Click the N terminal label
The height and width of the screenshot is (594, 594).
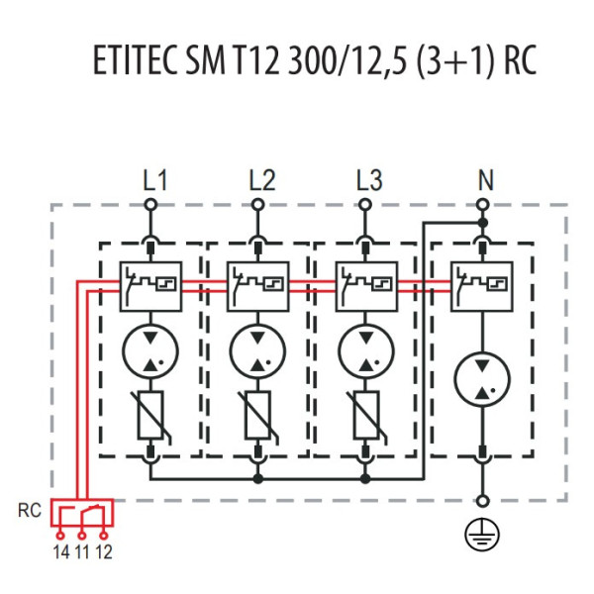point(483,181)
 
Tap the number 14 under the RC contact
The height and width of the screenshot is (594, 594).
point(61,552)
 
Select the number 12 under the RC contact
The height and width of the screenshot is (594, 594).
point(103,552)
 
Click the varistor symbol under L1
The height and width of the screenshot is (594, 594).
point(150,415)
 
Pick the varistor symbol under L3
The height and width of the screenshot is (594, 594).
point(366,415)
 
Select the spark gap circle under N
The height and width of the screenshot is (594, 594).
point(481,377)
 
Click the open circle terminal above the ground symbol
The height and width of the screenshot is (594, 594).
point(482,502)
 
